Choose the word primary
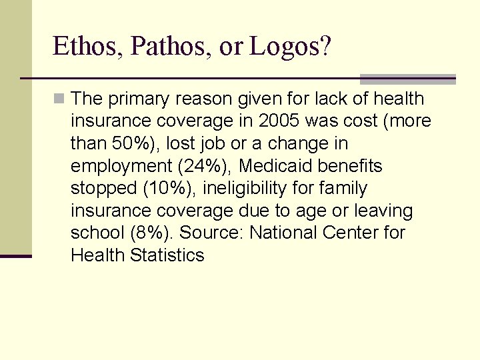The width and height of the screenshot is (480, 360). (137, 99)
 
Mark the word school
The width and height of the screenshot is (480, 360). (95, 233)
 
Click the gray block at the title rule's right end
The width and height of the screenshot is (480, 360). (407, 79)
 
